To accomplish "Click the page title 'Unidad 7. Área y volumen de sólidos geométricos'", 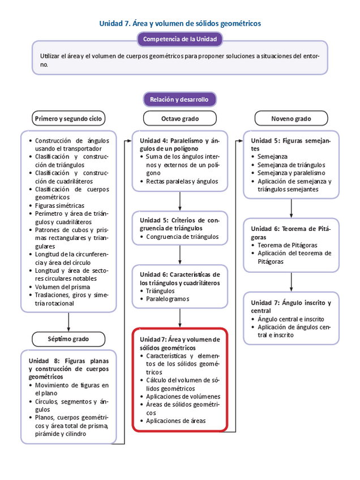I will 180,24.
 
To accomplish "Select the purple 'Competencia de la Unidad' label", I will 180,39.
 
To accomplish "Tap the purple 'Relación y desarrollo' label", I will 179,100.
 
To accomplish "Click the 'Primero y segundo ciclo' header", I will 68,118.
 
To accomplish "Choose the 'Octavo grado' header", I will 180,118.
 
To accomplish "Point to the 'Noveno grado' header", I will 291,118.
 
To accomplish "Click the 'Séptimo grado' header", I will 68,339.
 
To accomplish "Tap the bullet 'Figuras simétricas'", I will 59,205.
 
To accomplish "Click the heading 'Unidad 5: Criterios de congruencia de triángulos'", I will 179,224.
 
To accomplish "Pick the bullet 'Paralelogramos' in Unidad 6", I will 168,299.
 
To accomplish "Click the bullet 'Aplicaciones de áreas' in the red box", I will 176,421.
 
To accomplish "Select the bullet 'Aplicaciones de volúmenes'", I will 183,397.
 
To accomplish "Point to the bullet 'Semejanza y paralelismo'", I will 291,173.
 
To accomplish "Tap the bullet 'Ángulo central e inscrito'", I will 291,319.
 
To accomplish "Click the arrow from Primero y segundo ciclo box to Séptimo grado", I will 68,322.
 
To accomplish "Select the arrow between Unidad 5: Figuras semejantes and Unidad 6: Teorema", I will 291,208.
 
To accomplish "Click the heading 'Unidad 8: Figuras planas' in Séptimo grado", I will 68,368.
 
